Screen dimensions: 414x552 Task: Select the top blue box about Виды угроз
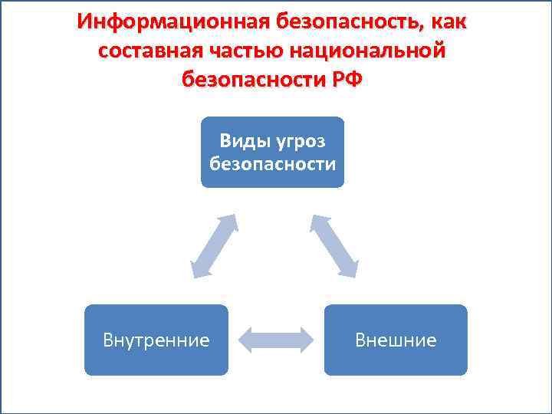(x=272, y=152)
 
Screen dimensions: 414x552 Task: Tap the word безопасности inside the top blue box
(x=272, y=163)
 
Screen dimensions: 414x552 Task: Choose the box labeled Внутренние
(x=156, y=340)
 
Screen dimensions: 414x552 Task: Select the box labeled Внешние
(x=396, y=340)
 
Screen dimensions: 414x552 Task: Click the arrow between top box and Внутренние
(x=212, y=245)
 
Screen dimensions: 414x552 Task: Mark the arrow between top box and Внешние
(x=334, y=245)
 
